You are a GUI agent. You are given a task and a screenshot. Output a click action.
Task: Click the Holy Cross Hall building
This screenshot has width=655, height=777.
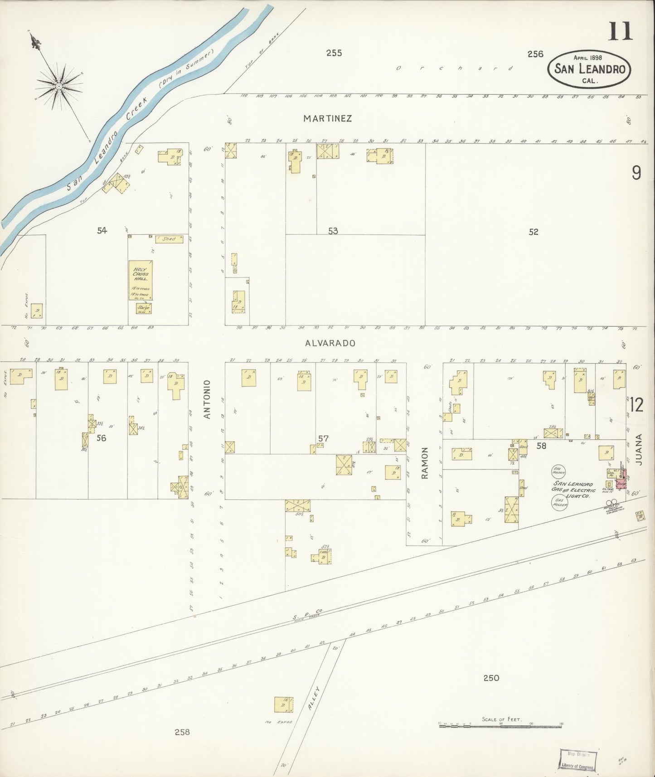(141, 280)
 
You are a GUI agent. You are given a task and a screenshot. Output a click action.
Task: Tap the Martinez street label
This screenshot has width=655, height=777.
(328, 119)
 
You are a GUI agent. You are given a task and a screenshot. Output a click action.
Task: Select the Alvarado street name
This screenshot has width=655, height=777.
(330, 343)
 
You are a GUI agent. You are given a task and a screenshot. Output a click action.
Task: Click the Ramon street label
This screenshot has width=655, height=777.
(425, 463)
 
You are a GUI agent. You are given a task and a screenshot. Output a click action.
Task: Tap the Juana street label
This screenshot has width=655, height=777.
(639, 450)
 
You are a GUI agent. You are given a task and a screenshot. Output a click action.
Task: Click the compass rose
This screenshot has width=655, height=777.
(59, 85)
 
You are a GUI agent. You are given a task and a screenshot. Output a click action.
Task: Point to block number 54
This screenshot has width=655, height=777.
(102, 231)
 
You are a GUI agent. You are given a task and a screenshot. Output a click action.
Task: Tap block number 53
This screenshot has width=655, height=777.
(333, 231)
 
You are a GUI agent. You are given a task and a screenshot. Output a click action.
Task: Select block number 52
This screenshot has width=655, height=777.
(533, 232)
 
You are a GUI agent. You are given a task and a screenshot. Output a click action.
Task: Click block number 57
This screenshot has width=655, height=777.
(323, 438)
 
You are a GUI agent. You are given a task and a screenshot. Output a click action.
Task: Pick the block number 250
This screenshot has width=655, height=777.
(491, 678)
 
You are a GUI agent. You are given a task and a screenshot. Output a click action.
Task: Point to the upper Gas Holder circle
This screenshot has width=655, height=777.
(558, 471)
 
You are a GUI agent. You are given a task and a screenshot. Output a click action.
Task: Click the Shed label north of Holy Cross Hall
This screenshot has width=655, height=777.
(169, 239)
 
